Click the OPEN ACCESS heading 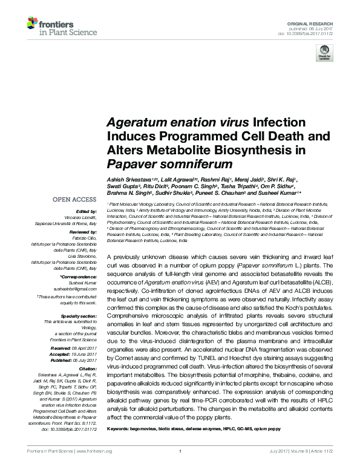pyautogui.click(x=74, y=198)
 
